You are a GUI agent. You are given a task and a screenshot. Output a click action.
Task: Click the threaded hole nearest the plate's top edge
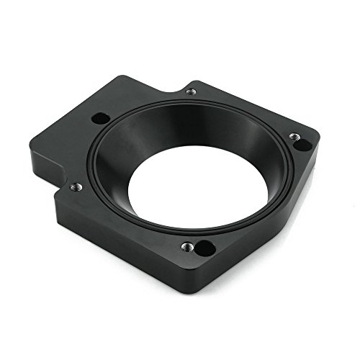coord(191,92)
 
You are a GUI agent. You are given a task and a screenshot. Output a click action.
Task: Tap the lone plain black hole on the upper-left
coord(102,117)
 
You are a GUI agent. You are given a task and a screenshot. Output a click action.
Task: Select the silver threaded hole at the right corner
coord(294,136)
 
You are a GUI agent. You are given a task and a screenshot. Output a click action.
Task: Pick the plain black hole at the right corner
coord(303,145)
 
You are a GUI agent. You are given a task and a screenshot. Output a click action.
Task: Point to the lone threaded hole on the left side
coord(76,187)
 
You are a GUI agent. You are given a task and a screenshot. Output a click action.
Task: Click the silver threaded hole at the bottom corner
coord(188,246)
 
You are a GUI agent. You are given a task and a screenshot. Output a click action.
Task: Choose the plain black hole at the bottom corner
coord(204,249)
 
